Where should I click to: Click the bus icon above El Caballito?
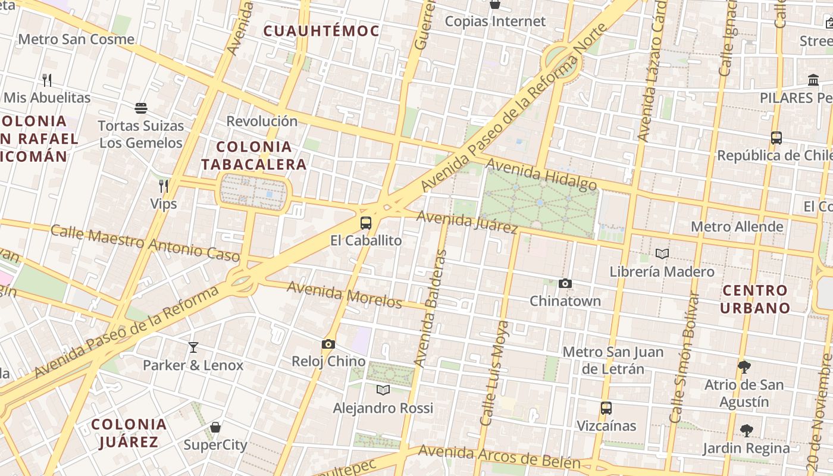(366, 223)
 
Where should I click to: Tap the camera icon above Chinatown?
(565, 283)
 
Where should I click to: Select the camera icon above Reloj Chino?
(328, 344)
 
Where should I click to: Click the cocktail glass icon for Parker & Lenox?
(193, 347)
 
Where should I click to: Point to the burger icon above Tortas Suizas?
(141, 108)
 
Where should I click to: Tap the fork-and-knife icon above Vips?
(164, 186)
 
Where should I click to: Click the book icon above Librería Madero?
(662, 254)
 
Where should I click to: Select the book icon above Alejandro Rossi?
(383, 390)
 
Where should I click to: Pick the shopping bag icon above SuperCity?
(215, 427)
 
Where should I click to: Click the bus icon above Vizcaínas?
(606, 408)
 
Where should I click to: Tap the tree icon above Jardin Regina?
(746, 430)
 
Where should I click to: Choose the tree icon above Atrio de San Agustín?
(744, 367)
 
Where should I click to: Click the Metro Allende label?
(737, 227)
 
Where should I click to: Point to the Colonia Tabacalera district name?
(253, 155)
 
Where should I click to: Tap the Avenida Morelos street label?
(345, 295)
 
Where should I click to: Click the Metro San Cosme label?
(76, 39)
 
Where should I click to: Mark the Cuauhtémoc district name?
(321, 31)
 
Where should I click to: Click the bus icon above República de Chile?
(776, 138)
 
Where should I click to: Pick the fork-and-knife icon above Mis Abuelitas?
(47, 80)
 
